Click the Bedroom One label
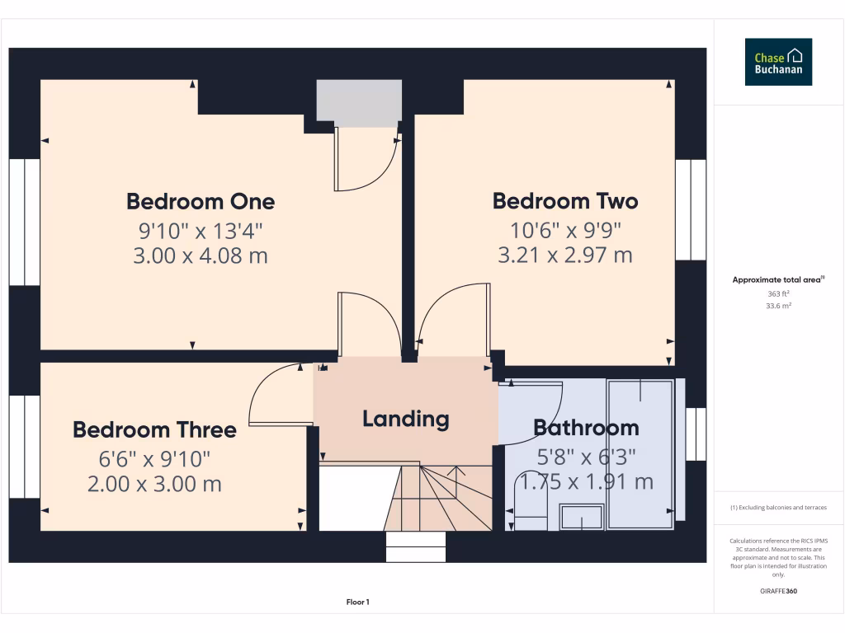tap(201, 201)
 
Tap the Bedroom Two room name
tap(565, 201)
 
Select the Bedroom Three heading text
tap(154, 429)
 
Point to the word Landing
tap(406, 419)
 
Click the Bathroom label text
tap(586, 428)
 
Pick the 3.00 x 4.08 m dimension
tap(201, 256)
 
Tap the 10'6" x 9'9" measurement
tap(565, 228)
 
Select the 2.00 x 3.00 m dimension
tap(154, 484)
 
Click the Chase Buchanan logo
tap(778, 62)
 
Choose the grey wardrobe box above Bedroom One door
tap(359, 103)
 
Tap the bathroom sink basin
tap(581, 517)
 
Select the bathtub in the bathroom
tap(640, 453)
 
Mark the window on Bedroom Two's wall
tap(691, 209)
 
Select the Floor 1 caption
tap(356, 603)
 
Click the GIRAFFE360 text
tap(778, 591)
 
